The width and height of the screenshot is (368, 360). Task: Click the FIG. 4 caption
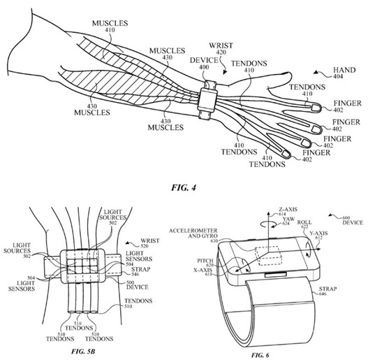coord(184,187)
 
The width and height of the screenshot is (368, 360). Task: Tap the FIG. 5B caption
coord(83,352)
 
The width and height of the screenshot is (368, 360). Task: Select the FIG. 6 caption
coord(260,355)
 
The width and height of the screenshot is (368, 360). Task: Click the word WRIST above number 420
coord(221,45)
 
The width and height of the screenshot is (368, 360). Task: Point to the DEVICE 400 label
coord(204,64)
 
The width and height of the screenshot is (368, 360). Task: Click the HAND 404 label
coord(344,73)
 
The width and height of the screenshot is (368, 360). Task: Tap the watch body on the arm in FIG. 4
coord(208,100)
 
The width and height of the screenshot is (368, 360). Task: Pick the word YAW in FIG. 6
coord(288,219)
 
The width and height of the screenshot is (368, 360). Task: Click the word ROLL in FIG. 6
coord(304,222)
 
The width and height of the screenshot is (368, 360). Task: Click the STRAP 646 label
coord(328,291)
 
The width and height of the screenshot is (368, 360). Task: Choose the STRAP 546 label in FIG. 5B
coord(140,271)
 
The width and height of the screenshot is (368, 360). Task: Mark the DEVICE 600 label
coord(353,220)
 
